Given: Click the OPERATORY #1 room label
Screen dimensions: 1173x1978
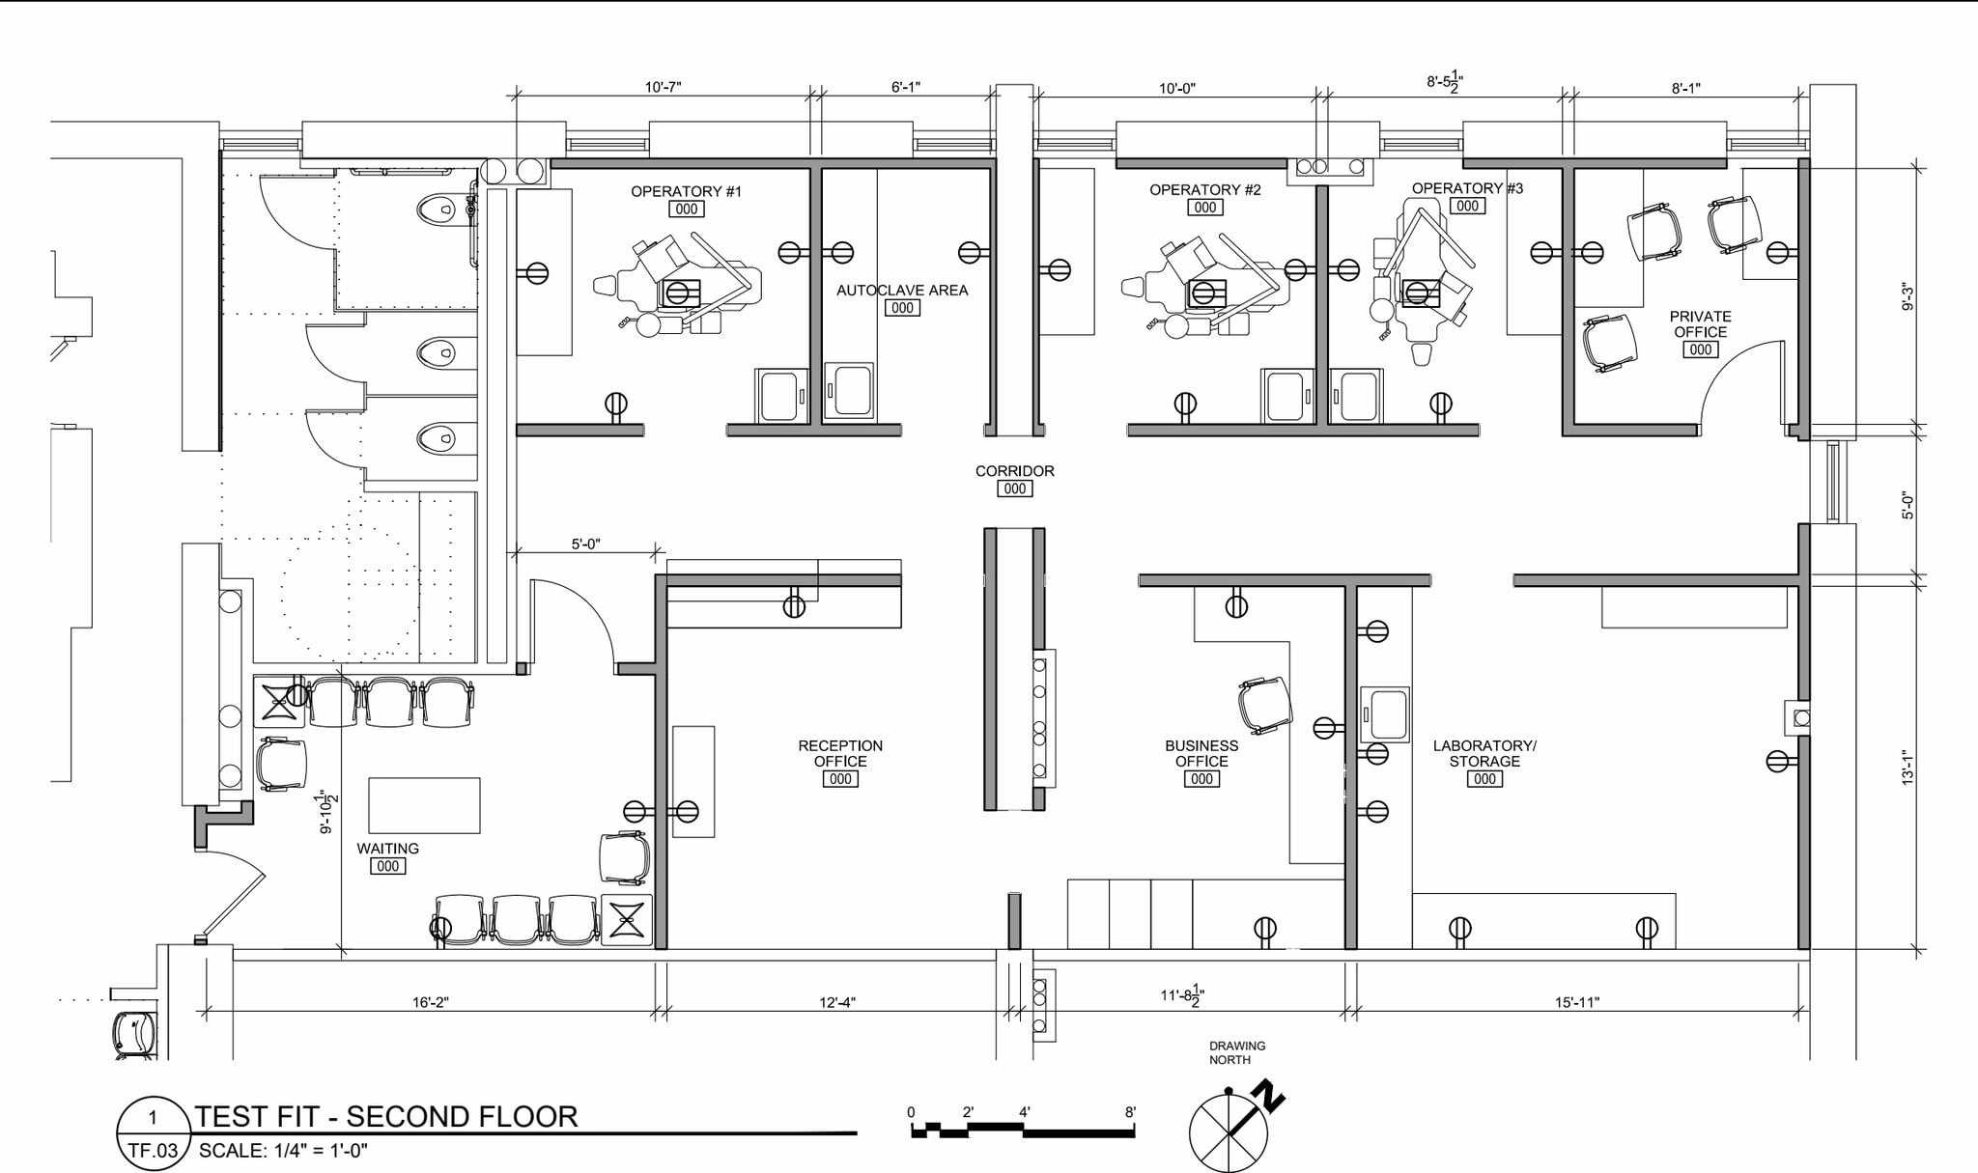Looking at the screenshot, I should (x=686, y=191).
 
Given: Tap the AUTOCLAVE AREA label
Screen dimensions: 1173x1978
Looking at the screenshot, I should (x=901, y=290).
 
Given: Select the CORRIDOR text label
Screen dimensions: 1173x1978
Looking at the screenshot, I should (x=1014, y=471).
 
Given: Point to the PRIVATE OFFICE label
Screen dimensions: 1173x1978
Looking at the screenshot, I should (x=1700, y=324).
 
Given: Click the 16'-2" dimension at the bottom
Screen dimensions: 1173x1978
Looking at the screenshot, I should (x=431, y=1002).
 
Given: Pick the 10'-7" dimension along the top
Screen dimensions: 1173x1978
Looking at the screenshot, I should (x=663, y=87).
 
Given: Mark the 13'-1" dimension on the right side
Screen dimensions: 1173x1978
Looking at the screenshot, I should (x=1907, y=767).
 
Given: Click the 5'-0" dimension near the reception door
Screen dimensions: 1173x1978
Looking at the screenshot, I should (x=585, y=544).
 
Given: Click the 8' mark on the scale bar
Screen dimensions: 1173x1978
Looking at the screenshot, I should (x=1130, y=1112).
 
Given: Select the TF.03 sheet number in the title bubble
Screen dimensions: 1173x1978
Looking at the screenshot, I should (x=153, y=1151).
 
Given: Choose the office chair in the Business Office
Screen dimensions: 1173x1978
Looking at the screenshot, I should (x=1265, y=705).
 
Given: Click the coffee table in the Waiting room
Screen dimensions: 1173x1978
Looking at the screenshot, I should (x=424, y=805).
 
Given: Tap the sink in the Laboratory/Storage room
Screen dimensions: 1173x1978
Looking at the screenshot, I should (x=1385, y=714).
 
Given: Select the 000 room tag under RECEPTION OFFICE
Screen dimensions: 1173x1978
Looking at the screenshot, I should (x=839, y=779).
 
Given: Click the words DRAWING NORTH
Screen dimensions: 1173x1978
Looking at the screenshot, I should (x=1236, y=1052).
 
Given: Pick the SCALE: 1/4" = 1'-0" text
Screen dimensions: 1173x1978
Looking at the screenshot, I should (x=283, y=1151).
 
